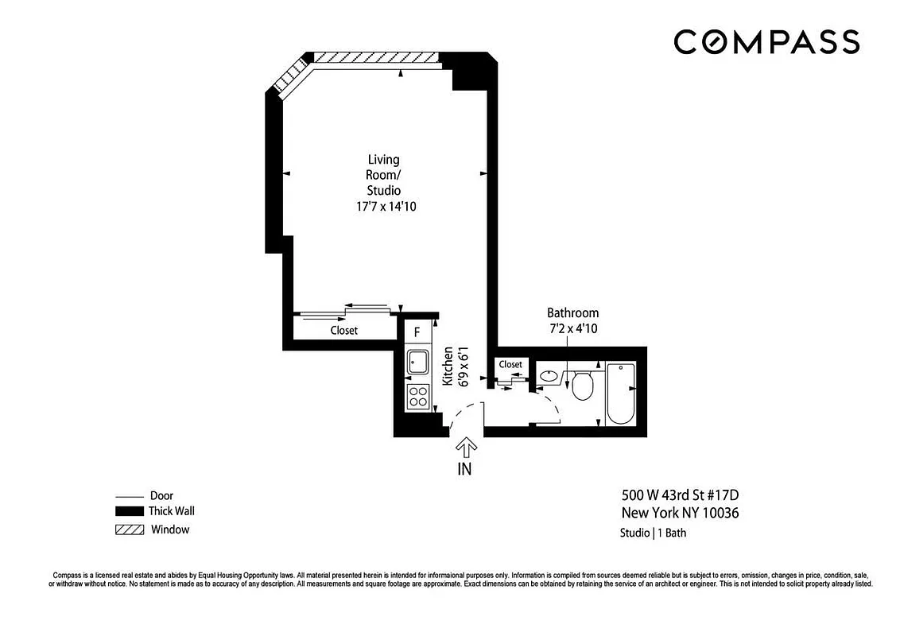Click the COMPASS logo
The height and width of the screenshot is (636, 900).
coord(766,41)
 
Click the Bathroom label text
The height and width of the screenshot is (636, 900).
coord(572,312)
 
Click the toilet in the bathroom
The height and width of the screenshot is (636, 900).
coord(583,386)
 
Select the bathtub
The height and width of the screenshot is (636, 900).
coord(620,394)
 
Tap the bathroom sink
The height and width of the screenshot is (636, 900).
coord(549,377)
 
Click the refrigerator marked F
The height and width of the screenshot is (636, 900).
coord(417,333)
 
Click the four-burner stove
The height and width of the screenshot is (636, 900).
coord(417,395)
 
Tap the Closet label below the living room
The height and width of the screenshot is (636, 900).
coord(343,330)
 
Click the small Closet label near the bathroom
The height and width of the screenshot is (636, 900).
coord(510,364)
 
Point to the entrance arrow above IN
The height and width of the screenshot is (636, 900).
coord(464,448)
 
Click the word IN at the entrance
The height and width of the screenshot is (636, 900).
coord(464,469)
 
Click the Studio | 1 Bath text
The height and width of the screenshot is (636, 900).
coord(653,533)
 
